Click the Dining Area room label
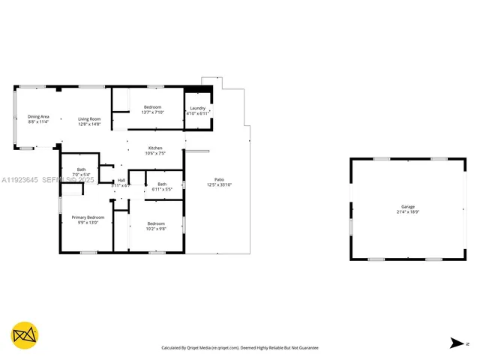[38, 116]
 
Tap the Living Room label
[90, 118]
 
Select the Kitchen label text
[155, 148]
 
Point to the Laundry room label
[198, 108]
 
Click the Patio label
[220, 179]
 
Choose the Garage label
[407, 206]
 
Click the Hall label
[121, 180]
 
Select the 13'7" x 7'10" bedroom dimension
[153, 112]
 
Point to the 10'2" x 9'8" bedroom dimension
[156, 228]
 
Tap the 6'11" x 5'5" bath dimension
[162, 189]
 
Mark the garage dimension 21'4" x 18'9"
[407, 211]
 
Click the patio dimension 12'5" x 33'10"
[220, 184]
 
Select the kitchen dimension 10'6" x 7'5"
[155, 153]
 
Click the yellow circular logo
[25, 334]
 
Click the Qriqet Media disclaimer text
[240, 348]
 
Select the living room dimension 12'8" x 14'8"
[90, 124]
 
